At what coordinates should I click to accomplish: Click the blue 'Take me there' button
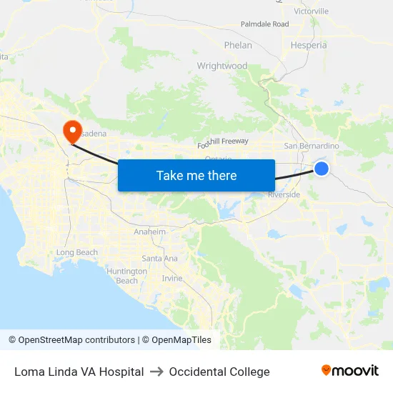[196, 175]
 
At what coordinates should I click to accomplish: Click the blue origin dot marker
[322, 169]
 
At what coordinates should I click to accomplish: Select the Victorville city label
[311, 11]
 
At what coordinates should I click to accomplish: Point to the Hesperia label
[309, 45]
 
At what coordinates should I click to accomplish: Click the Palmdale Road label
[264, 24]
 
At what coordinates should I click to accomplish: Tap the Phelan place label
[238, 45]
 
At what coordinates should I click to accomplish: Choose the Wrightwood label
[222, 66]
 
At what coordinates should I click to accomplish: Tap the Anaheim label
[150, 232]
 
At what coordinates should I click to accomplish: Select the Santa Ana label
[159, 258]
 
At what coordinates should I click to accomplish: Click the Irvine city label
[172, 278]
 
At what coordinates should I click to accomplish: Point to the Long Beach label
[76, 252]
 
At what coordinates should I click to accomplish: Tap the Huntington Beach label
[126, 276]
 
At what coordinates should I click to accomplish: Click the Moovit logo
[349, 371]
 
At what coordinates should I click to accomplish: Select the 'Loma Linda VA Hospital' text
[79, 372]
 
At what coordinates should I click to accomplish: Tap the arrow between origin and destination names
[156, 372]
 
